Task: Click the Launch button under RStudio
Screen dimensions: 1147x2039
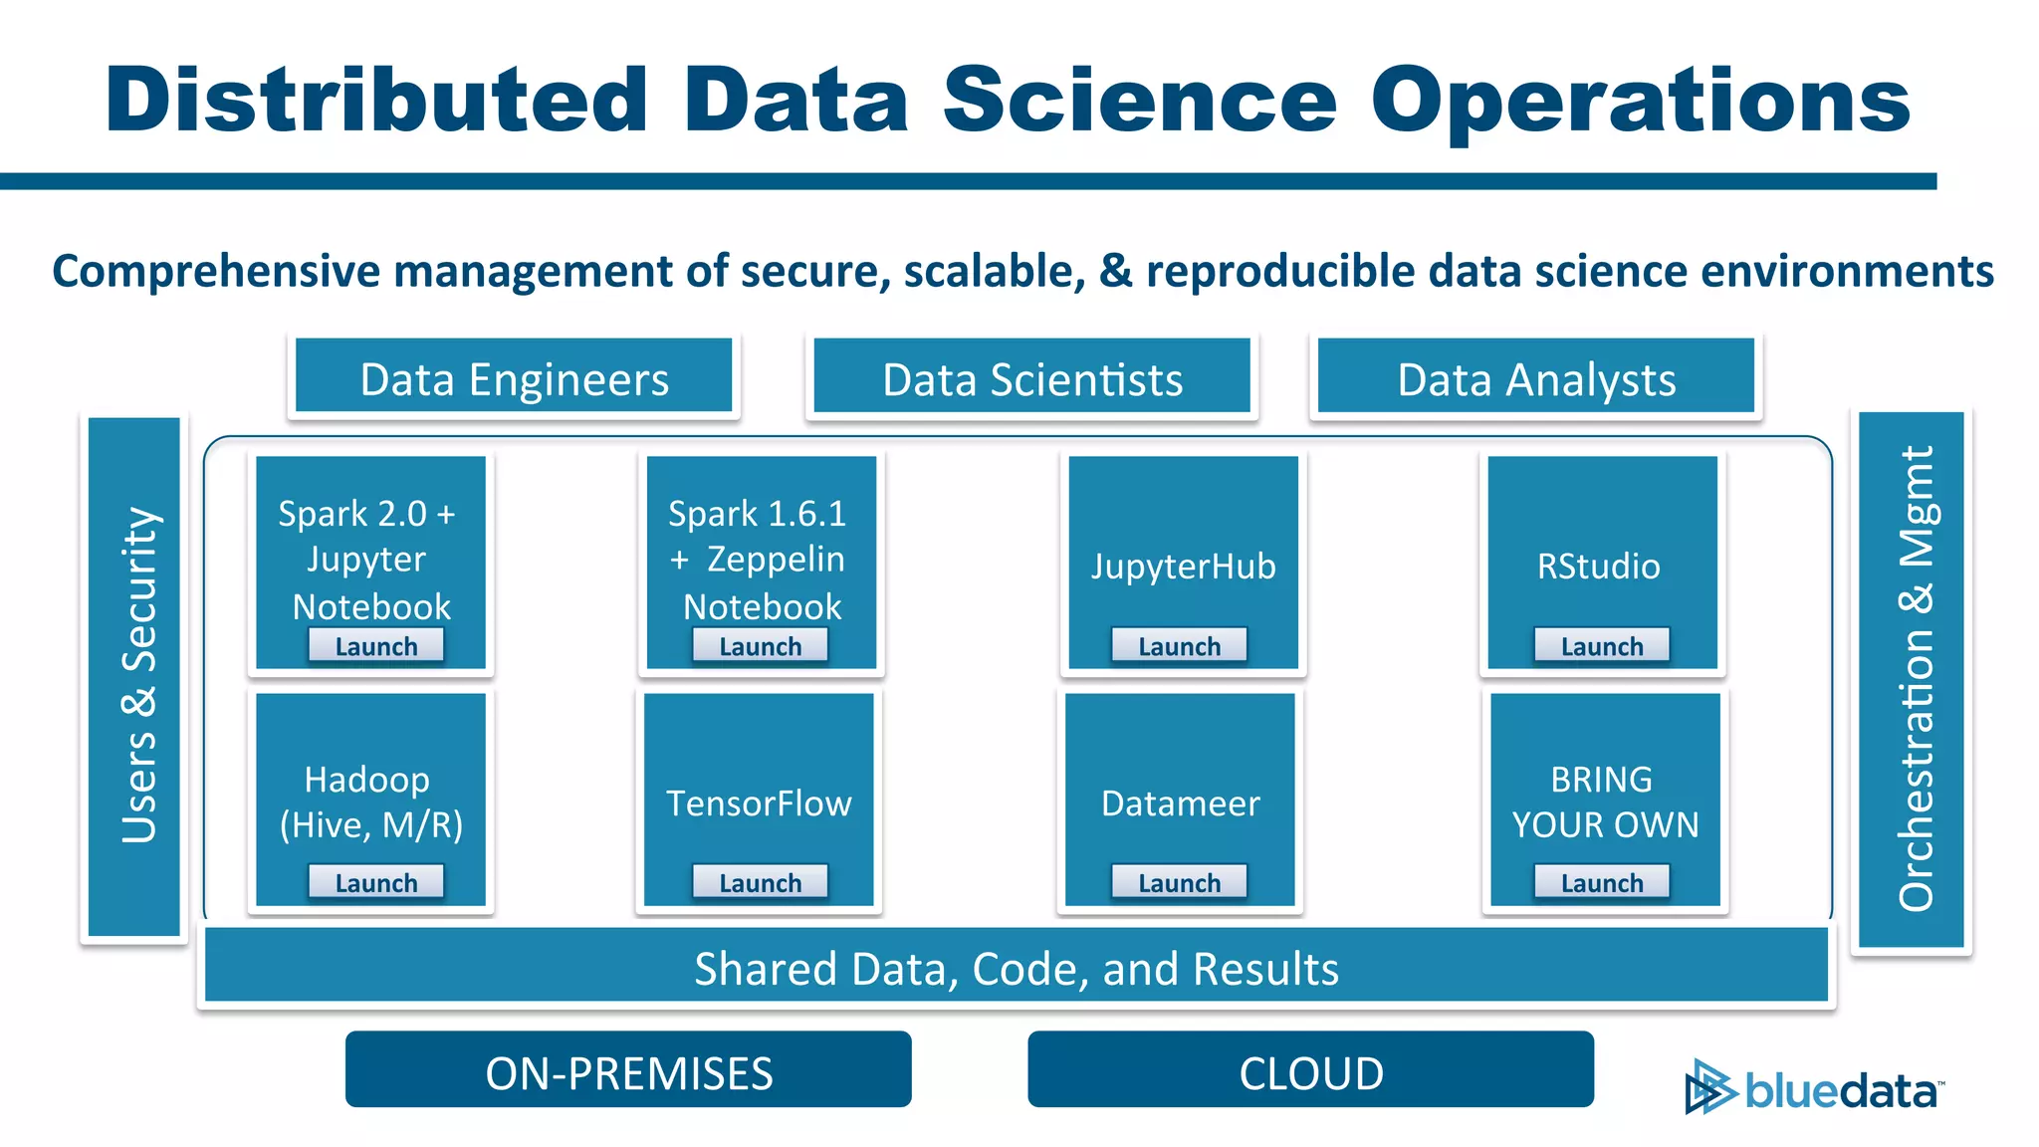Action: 1601,646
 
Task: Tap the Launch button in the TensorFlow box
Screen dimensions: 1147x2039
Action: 760,882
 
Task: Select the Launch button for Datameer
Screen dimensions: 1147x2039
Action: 1179,882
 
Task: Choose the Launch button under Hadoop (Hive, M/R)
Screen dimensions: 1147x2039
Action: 375,882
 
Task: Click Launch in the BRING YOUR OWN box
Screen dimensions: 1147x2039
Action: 1601,882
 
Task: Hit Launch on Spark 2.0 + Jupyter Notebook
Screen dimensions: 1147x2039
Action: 375,646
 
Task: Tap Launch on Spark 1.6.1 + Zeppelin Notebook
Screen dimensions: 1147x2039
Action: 760,646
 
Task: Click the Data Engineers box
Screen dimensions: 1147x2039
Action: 514,376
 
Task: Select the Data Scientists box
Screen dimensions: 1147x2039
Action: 1031,376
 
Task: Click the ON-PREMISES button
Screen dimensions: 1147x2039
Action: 628,1070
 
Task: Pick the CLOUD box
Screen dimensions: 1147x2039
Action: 1310,1070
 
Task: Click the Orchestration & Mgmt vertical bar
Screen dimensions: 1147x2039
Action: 1912,679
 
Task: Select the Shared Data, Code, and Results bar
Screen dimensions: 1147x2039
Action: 1016,966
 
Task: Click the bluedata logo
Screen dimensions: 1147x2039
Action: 1814,1088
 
